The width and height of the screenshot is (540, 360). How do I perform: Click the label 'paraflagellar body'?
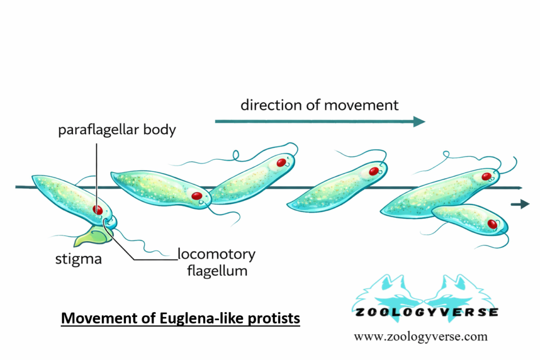click(x=117, y=130)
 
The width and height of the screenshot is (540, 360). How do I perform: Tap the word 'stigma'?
click(x=79, y=259)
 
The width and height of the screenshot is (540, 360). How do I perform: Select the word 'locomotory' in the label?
click(x=216, y=255)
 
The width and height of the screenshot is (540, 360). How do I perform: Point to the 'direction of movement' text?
click(x=320, y=105)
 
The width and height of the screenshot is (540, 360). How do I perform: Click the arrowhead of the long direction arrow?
click(x=419, y=122)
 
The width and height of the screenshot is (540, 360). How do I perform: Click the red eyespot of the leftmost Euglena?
click(x=98, y=209)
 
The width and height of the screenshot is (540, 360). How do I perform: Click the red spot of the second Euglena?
click(x=197, y=196)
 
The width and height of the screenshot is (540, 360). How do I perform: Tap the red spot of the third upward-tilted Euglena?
click(x=282, y=162)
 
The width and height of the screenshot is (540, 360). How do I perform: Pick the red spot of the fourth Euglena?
click(x=374, y=171)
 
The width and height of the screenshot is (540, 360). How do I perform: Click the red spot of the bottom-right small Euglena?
click(x=493, y=224)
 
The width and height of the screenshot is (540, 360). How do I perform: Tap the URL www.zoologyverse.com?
click(x=420, y=336)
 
